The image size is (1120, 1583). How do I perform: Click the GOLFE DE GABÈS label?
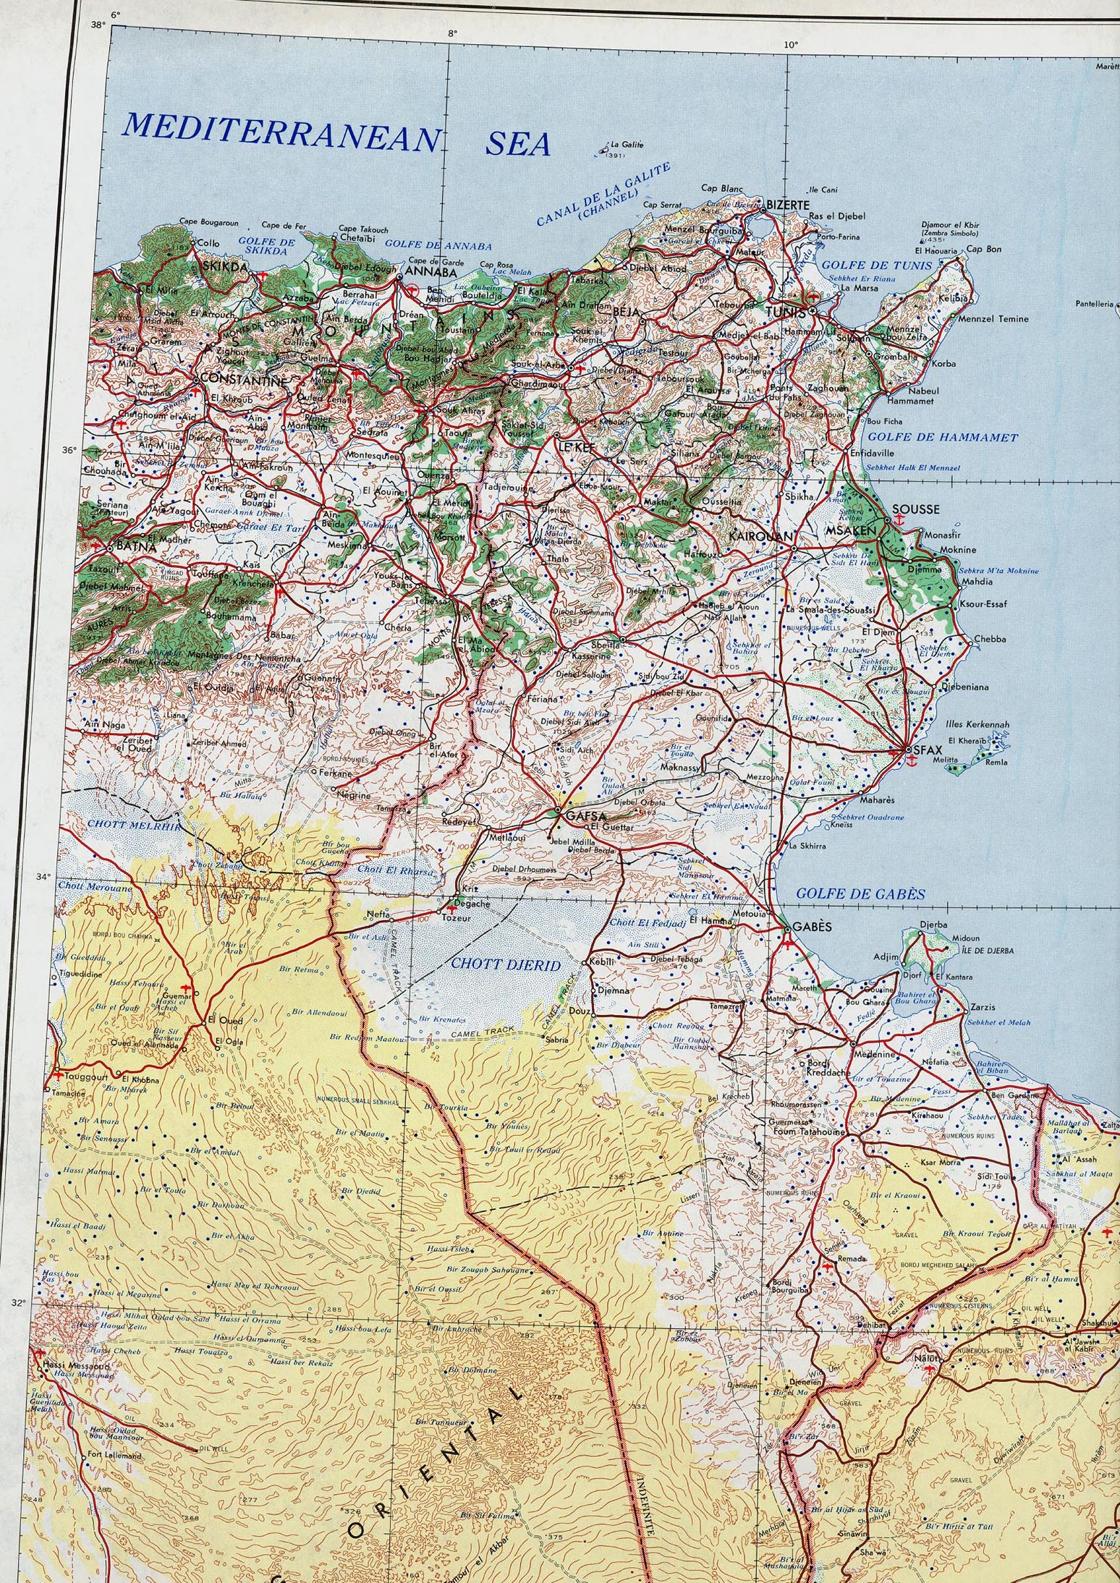click(860, 894)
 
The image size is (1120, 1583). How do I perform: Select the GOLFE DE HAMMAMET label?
click(942, 438)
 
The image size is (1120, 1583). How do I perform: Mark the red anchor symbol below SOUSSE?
click(900, 520)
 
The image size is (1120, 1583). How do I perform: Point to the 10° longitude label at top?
click(791, 45)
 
